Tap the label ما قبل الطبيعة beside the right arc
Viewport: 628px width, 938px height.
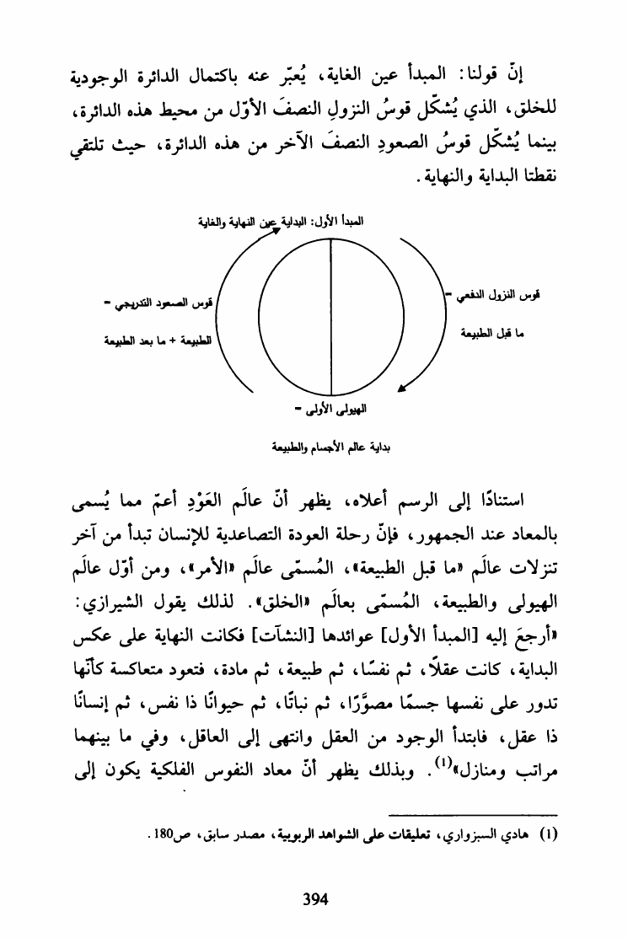[497, 334]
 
